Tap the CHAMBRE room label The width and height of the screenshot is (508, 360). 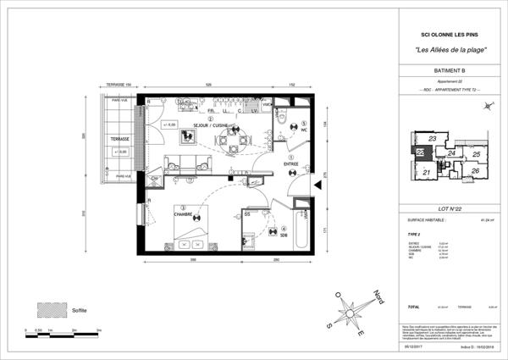coord(186,213)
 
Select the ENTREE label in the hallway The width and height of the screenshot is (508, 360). coord(290,166)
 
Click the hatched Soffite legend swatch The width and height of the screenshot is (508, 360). coord(50,309)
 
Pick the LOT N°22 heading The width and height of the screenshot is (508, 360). coord(444,208)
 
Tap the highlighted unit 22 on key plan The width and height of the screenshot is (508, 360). coord(420,153)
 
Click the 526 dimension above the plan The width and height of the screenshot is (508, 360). coord(207,86)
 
